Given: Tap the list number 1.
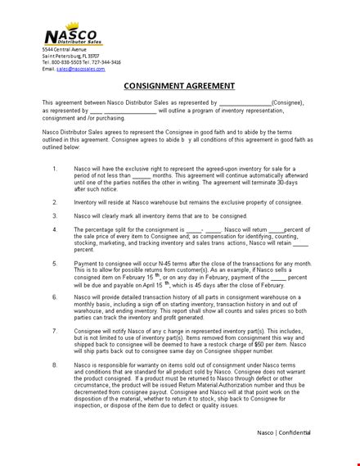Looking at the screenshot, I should click(x=55, y=170).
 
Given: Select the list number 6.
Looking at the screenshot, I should click(x=55, y=296).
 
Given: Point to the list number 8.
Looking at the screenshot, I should click(x=55, y=364).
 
